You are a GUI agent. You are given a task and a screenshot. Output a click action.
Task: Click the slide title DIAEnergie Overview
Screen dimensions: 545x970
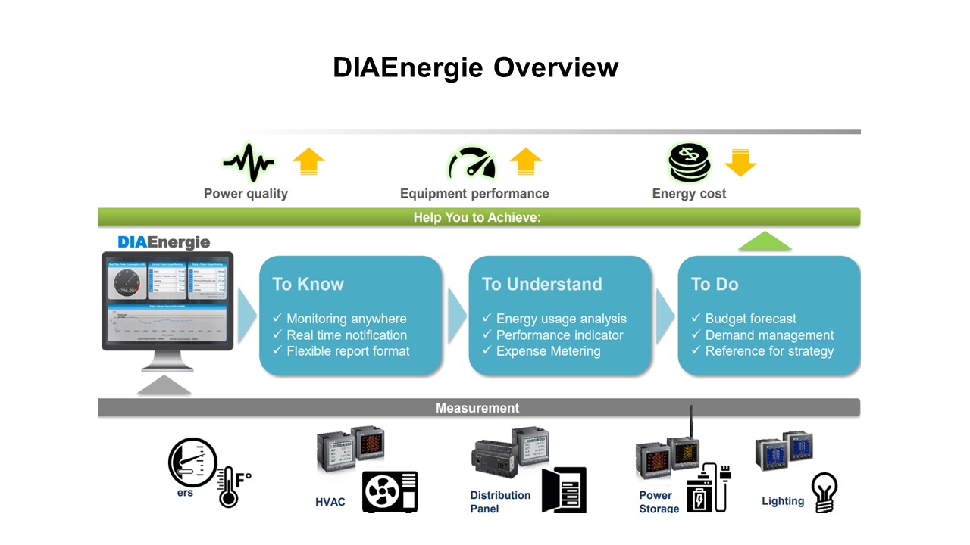(475, 67)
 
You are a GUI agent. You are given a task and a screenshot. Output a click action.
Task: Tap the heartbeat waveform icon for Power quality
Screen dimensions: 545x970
(248, 162)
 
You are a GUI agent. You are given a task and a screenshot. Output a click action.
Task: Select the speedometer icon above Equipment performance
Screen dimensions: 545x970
(471, 162)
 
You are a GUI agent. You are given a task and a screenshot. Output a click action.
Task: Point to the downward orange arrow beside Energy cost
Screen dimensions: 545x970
(740, 162)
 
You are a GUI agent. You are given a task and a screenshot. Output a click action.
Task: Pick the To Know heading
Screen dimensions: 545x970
(308, 284)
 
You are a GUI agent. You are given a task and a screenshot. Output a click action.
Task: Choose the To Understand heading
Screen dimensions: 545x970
(542, 284)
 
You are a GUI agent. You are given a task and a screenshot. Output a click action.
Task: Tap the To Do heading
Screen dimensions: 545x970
(715, 284)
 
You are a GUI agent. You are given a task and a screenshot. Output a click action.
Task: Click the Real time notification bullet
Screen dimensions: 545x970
(346, 335)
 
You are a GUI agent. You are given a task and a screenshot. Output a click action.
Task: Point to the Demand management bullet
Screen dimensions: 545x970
(769, 335)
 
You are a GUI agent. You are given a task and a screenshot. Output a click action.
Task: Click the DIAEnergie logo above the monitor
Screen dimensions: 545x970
(164, 242)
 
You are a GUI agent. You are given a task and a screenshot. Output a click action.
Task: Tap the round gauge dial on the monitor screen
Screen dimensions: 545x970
(127, 285)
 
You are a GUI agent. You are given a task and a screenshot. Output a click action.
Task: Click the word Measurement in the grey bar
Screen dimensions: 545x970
(477, 408)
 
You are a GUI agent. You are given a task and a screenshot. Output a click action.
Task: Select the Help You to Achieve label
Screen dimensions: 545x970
(477, 217)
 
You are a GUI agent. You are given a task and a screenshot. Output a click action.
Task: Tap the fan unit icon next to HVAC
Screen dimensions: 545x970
(390, 491)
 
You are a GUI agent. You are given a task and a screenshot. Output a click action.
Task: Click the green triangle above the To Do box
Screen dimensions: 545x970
(765, 241)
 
